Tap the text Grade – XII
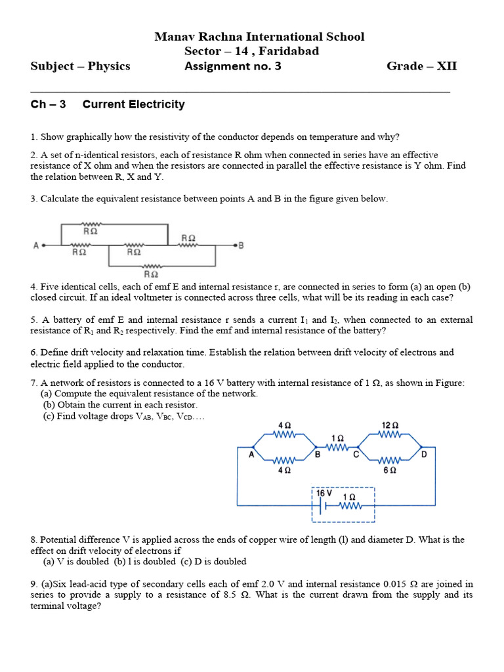pos(421,66)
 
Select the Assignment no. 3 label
pos(232,66)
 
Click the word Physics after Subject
pos(109,66)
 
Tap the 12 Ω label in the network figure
pos(390,425)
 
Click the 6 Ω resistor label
pos(390,470)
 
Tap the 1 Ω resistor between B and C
pos(337,447)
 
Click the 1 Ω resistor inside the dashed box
pos(349,505)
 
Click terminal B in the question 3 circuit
pos(241,246)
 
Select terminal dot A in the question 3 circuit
pos(42,246)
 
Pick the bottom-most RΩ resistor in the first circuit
pos(150,266)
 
